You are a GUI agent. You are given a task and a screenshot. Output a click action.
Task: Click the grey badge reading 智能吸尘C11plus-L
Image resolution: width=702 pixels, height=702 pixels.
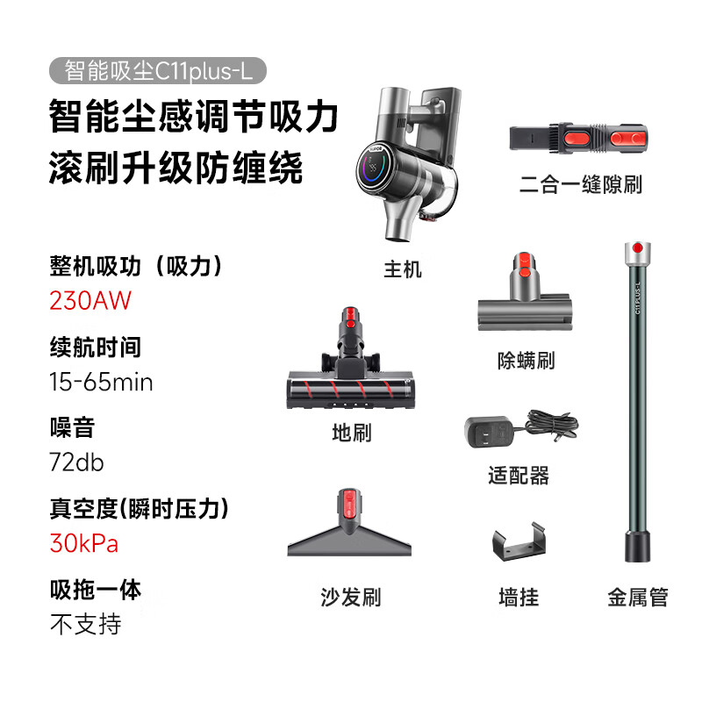(x=158, y=71)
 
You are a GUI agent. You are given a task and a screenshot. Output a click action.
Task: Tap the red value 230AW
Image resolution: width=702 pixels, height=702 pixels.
(x=90, y=300)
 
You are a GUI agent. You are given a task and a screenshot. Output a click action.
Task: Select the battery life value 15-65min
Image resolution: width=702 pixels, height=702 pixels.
(x=101, y=382)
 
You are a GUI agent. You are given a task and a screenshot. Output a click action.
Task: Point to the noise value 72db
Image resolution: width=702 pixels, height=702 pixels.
(x=76, y=462)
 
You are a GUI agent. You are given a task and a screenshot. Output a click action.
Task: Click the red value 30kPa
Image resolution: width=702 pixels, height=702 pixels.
(x=83, y=543)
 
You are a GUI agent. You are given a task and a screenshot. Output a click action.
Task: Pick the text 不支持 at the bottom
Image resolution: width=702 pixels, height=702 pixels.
(x=85, y=624)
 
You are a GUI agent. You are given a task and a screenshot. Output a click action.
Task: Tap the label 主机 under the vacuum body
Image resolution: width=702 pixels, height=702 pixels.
(x=403, y=269)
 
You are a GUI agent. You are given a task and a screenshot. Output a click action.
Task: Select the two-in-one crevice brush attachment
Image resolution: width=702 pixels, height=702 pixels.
(x=578, y=138)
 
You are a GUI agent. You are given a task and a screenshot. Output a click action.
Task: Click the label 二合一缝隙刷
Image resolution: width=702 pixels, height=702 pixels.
(x=581, y=184)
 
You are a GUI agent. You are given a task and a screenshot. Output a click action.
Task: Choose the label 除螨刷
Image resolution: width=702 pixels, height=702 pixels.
(x=526, y=361)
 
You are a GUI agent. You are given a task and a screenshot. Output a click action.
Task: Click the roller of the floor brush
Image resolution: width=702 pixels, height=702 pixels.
(x=349, y=389)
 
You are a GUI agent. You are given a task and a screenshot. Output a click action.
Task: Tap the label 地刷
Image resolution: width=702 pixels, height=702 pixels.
(x=352, y=433)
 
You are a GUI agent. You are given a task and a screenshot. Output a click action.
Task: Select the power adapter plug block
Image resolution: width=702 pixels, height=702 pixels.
(x=489, y=432)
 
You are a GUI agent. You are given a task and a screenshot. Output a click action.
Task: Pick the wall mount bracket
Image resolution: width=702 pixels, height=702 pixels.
(x=519, y=541)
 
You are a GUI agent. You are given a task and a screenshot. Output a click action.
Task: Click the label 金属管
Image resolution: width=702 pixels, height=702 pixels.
(x=638, y=597)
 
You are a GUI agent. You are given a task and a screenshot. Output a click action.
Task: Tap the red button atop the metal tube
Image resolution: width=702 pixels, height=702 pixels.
(x=638, y=248)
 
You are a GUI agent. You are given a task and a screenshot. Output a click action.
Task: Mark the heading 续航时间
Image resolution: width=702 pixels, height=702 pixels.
(x=96, y=347)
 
